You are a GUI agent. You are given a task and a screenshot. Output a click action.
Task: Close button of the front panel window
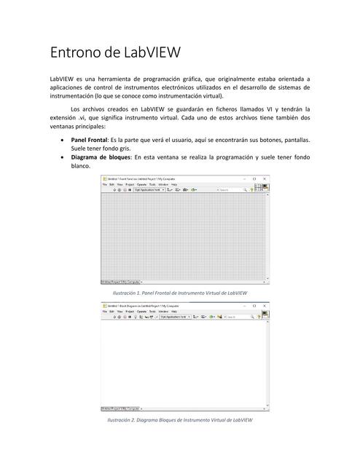click(265, 178)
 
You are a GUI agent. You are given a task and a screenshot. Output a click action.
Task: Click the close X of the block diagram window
click(265, 306)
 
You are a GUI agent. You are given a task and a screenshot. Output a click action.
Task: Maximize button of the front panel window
click(254, 178)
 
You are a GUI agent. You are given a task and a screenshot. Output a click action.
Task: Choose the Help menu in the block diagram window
click(174, 311)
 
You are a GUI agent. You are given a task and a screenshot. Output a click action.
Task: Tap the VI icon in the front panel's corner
click(266, 188)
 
